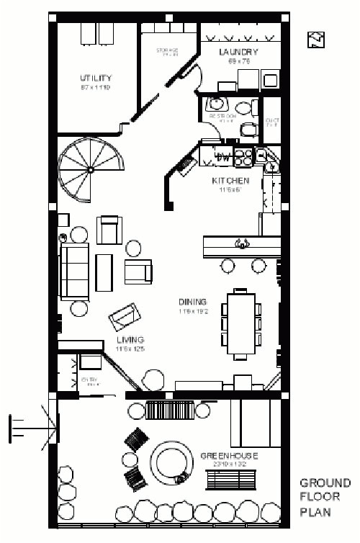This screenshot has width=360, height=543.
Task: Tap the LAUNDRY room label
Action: click(x=238, y=53)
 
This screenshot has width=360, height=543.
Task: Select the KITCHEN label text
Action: click(x=230, y=181)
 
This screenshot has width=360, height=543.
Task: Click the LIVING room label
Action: click(x=130, y=339)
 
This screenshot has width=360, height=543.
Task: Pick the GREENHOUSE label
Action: click(x=229, y=456)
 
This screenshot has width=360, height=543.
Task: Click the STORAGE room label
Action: click(x=167, y=50)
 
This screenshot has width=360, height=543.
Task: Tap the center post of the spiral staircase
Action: click(x=91, y=170)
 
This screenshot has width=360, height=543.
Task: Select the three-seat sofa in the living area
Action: click(x=74, y=271)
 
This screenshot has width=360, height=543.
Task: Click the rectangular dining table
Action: click(x=240, y=323)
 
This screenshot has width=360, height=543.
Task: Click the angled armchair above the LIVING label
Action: click(x=125, y=316)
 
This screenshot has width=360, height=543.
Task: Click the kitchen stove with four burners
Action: click(x=243, y=155)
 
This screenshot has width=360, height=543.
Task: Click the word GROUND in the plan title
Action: click(x=325, y=483)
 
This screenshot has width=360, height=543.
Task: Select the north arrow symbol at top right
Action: click(x=315, y=40)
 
